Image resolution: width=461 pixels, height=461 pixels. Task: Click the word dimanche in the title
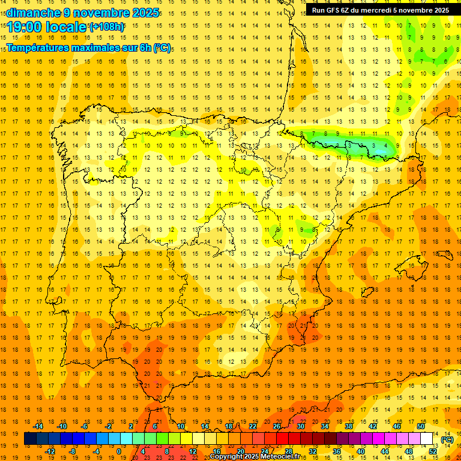(x=30, y=13)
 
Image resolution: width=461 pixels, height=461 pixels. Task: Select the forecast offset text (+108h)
(x=107, y=26)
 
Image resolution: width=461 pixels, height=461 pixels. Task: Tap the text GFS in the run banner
(x=334, y=10)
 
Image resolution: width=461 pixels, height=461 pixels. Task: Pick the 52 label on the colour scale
(x=433, y=451)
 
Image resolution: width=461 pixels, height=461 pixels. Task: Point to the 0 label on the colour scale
(x=119, y=451)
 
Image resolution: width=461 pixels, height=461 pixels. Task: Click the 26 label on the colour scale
(x=277, y=426)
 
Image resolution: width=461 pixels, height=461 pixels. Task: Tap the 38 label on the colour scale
(x=349, y=426)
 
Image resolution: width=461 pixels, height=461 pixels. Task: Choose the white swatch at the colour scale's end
(x=427, y=439)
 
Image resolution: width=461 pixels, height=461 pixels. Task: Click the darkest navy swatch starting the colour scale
(x=30, y=439)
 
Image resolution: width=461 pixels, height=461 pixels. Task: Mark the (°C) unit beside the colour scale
(x=447, y=439)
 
